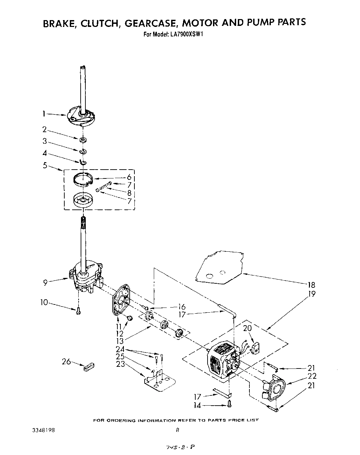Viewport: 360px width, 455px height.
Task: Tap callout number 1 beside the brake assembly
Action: tap(44, 114)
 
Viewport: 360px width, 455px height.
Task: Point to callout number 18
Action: tap(311, 285)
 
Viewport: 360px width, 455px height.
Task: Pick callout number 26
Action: tap(66, 361)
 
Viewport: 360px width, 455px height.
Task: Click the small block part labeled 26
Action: tap(88, 367)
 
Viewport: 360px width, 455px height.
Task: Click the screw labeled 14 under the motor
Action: tap(229, 404)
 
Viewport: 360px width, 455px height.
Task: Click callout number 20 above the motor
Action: tap(247, 328)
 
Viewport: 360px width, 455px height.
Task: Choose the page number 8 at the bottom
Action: tap(177, 430)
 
